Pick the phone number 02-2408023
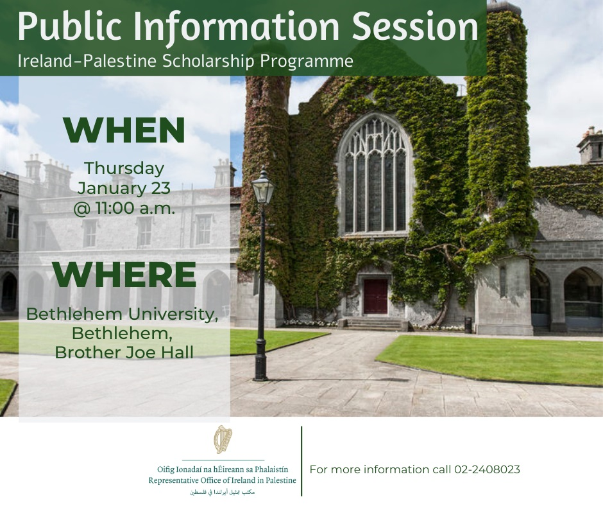487,469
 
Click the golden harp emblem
223,440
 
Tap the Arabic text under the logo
223,491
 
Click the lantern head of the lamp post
262,187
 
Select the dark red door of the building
375,296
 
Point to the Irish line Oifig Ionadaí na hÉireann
223,469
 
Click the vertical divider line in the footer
301,461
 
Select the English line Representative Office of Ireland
223,480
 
